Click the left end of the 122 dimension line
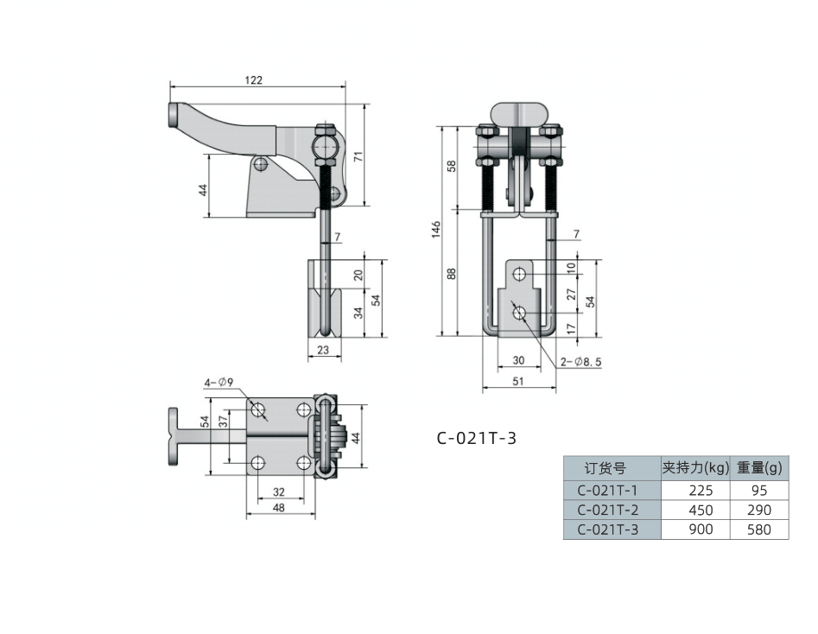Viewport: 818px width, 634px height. (170, 87)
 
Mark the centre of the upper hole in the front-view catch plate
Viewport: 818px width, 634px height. (519, 274)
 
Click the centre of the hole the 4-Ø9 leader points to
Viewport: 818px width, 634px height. (259, 410)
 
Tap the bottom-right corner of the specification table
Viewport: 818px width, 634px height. (789, 538)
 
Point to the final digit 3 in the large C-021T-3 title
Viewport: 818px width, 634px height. (511, 438)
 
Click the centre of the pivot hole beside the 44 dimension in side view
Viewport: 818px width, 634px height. (260, 165)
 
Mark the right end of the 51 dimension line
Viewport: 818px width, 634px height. (556, 388)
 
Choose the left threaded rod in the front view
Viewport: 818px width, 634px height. (488, 185)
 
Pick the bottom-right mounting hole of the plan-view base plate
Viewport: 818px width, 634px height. (304, 462)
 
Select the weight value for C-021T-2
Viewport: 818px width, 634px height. (759, 510)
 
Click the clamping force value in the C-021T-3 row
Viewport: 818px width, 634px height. (701, 529)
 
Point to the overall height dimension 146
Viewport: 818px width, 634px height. (436, 230)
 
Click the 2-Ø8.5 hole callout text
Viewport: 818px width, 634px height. (581, 362)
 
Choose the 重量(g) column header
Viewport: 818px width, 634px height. (759, 468)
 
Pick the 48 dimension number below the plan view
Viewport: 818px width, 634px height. (279, 508)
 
